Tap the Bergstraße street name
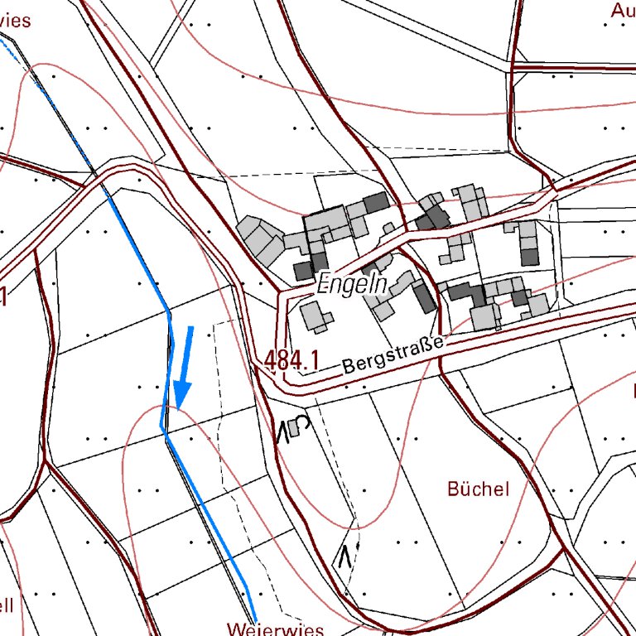coord(393,354)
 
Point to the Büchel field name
coord(478,489)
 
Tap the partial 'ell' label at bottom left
coord(7,604)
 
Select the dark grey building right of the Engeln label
coord(425,297)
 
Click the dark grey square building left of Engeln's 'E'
coord(303,272)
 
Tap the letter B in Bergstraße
coord(349,365)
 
